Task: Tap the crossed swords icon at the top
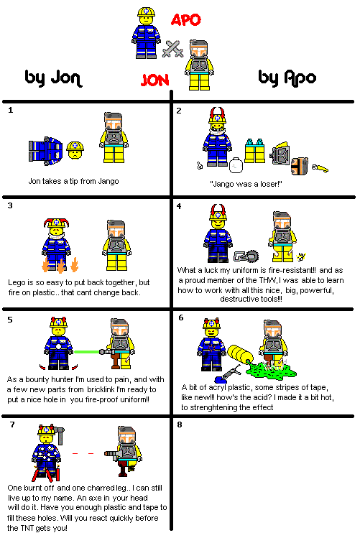172,48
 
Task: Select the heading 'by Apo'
287,77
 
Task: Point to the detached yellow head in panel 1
73,149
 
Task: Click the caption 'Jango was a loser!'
246,183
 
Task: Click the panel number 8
180,425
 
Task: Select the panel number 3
11,206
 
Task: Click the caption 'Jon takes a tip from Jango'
73,181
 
